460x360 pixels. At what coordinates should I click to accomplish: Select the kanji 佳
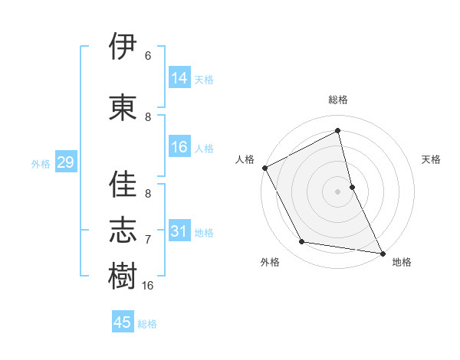[123, 184]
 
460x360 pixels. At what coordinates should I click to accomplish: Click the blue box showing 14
[179, 78]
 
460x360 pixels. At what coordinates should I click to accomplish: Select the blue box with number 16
[179, 147]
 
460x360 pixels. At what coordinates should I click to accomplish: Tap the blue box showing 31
[179, 231]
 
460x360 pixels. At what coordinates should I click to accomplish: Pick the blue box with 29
[65, 162]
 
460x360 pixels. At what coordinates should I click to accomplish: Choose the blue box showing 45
[123, 322]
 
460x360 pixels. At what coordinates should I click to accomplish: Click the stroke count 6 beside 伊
[148, 56]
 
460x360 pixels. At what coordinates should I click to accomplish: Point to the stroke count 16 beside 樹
[148, 285]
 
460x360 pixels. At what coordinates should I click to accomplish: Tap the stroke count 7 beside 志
[148, 240]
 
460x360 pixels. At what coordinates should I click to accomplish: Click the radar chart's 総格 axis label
[338, 100]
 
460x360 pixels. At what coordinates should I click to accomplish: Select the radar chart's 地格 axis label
[402, 262]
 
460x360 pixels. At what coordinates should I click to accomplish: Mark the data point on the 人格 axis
[264, 168]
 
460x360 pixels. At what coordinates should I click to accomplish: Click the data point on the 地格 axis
[383, 253]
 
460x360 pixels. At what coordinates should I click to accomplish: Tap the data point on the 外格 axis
[301, 242]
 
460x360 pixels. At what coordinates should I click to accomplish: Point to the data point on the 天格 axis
[352, 187]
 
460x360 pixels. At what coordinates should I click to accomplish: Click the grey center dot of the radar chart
[338, 191]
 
